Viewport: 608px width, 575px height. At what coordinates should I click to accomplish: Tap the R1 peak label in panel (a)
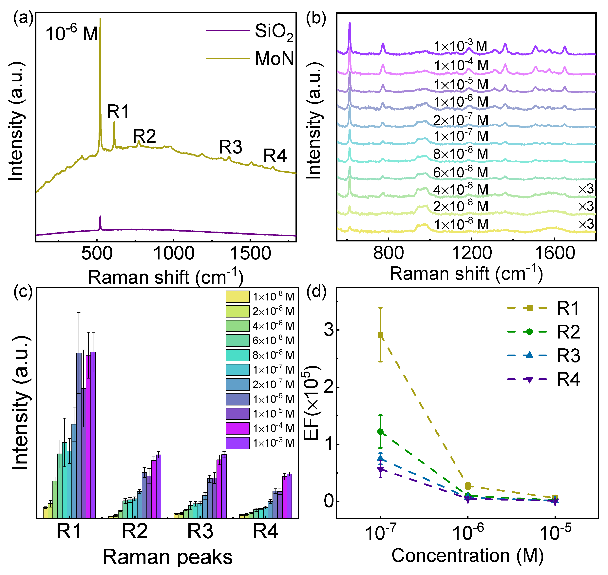tap(118, 111)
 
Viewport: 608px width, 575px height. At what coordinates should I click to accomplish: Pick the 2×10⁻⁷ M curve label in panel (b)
tap(460, 120)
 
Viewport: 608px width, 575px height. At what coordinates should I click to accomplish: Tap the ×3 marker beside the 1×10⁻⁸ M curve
tap(586, 224)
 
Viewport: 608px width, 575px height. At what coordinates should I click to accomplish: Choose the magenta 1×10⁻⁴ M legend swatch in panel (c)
tap(237, 428)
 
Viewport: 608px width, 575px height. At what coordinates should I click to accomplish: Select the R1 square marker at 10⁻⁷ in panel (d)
tap(380, 335)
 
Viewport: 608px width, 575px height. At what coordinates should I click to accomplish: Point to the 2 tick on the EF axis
tap(329, 387)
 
